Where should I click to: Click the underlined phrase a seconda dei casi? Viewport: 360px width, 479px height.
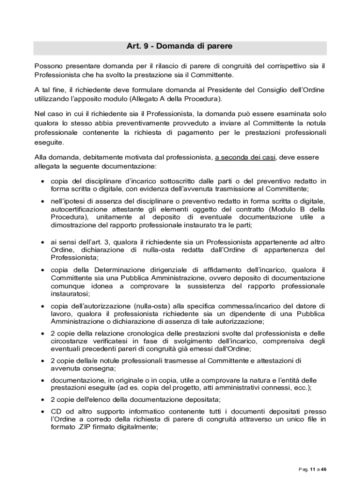pyautogui.click(x=245, y=157)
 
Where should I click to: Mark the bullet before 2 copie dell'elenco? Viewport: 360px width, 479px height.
pyautogui.click(x=43, y=399)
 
